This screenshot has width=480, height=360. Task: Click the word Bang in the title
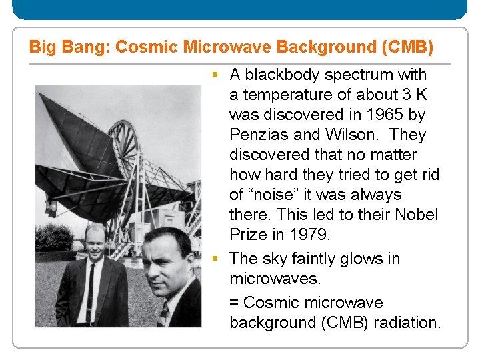point(91,47)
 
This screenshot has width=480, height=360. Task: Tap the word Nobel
point(417,215)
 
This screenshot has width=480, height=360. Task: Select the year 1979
point(311,235)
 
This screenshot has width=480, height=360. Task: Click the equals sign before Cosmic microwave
point(234,303)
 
